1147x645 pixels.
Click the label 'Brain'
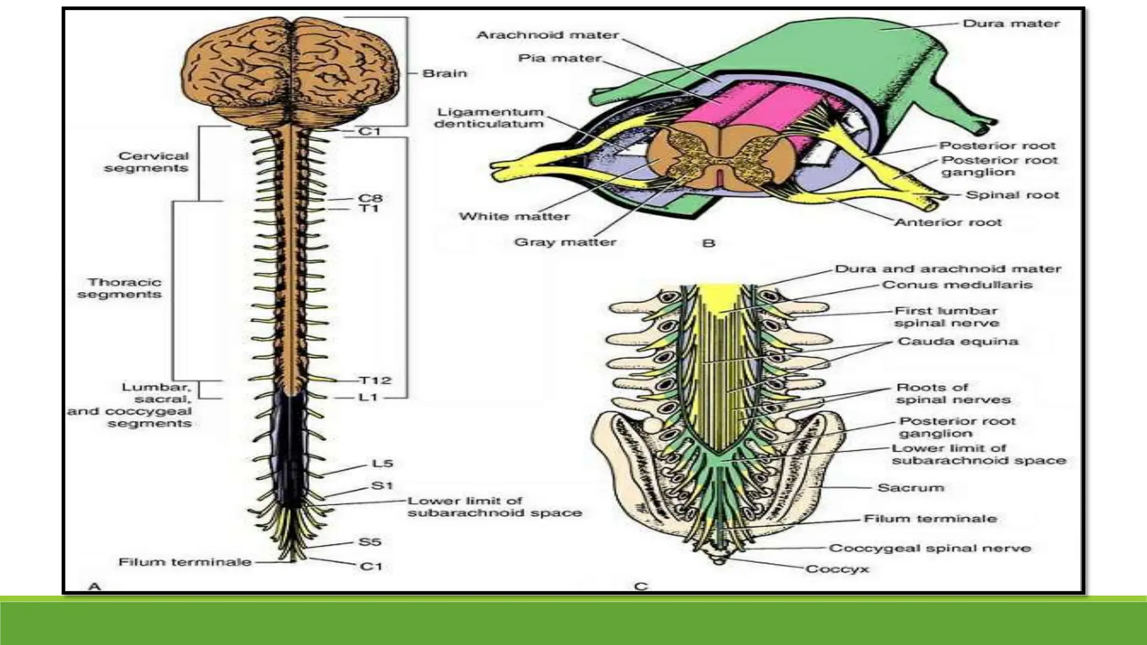click(x=444, y=73)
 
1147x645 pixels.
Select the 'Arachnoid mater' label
click(x=547, y=35)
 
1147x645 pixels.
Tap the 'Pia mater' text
click(x=559, y=58)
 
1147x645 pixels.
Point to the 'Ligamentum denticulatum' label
click(x=489, y=118)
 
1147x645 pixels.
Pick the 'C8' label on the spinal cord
click(x=370, y=198)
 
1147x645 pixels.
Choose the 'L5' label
click(x=383, y=464)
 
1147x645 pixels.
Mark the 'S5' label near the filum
click(x=370, y=542)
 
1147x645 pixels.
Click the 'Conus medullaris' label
click(x=957, y=285)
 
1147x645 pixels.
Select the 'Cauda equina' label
click(x=958, y=342)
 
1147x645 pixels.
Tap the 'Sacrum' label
click(x=911, y=488)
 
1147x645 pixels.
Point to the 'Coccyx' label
click(x=837, y=569)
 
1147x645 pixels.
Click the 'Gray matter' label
click(x=565, y=242)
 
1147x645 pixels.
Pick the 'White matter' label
click(x=514, y=217)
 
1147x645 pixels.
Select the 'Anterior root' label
click(x=948, y=222)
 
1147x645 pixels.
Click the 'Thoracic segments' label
click(x=120, y=288)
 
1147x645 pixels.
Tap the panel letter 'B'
click(x=708, y=244)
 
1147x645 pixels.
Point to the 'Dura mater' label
click(x=1011, y=24)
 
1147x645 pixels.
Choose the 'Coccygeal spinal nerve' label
click(x=930, y=549)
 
